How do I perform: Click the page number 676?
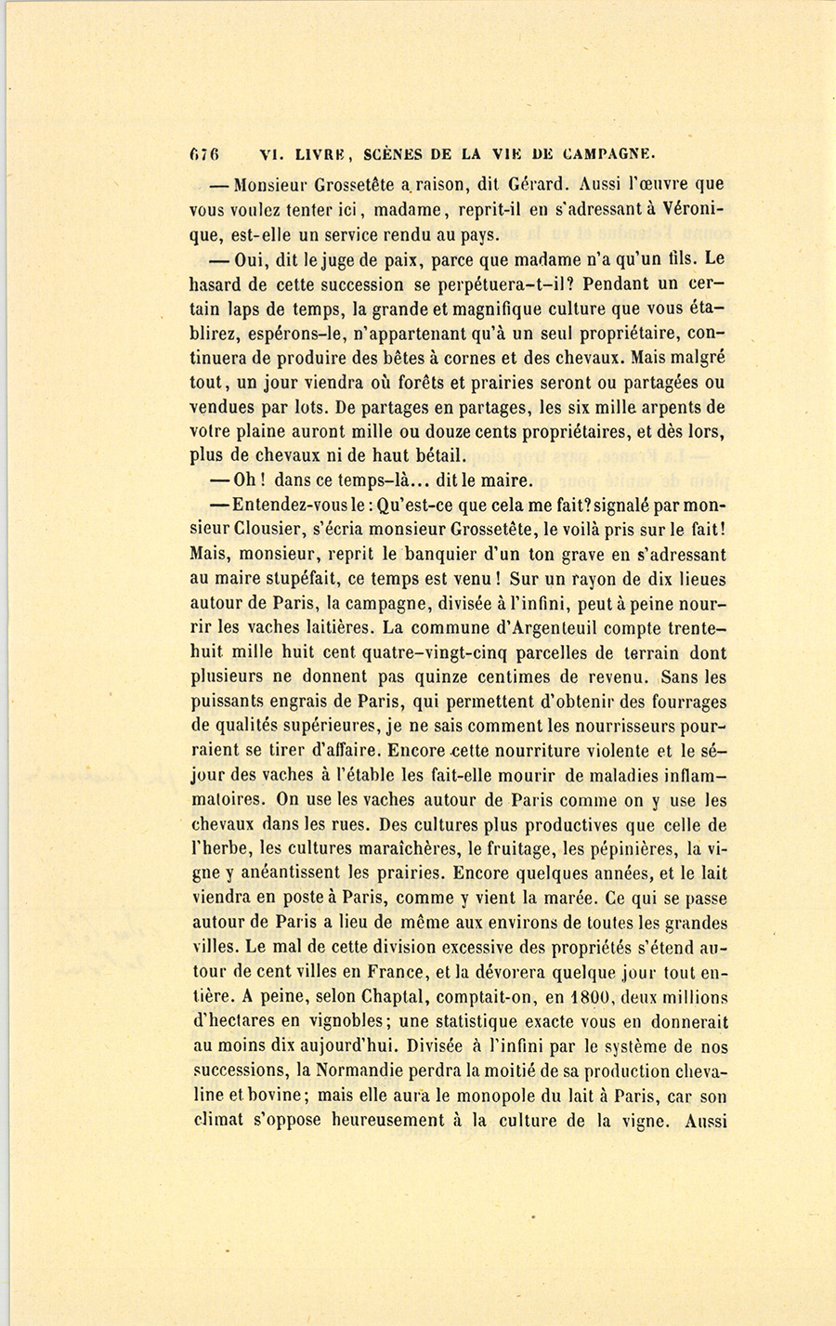click(203, 154)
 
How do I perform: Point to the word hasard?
click(217, 285)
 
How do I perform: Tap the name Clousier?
click(278, 529)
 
